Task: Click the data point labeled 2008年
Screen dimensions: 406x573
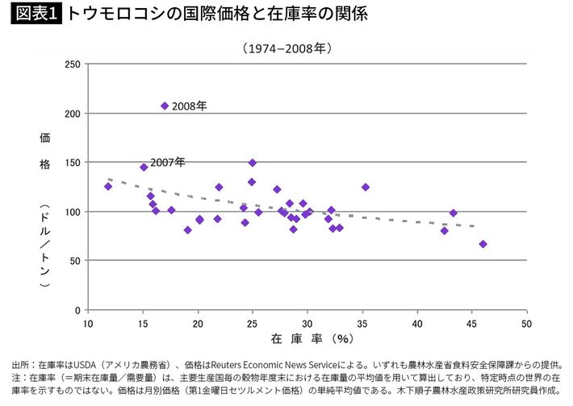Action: point(165,106)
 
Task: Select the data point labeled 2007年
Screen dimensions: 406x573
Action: point(144,168)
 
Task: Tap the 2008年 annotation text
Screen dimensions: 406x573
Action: point(190,106)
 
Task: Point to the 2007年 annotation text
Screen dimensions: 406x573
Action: point(168,163)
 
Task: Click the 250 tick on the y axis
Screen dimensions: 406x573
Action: point(72,64)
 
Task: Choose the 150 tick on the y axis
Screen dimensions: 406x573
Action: point(72,163)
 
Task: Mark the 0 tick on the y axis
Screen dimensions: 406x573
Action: point(77,310)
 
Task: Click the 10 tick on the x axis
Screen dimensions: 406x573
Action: point(89,324)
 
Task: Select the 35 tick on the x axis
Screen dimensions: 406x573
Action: point(362,324)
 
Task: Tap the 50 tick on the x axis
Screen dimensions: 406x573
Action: point(526,324)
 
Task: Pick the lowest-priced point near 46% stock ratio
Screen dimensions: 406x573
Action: point(483,244)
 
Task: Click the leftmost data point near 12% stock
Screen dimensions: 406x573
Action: point(108,187)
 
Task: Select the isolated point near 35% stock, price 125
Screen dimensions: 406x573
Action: point(366,187)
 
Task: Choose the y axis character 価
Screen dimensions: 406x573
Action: point(45,138)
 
